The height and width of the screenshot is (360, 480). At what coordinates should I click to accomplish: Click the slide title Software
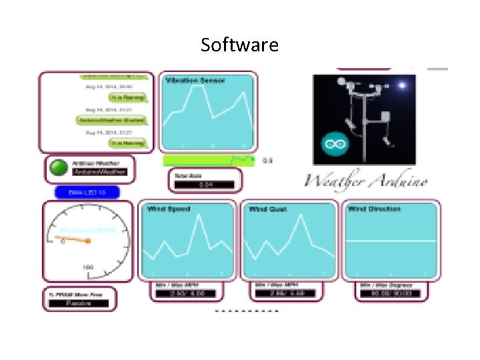pyautogui.click(x=239, y=45)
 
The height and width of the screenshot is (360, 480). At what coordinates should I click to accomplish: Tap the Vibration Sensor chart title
pyautogui.click(x=195, y=81)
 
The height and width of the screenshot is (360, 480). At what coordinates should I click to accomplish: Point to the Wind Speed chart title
pyautogui.click(x=168, y=209)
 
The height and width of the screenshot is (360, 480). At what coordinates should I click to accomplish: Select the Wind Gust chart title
pyautogui.click(x=267, y=209)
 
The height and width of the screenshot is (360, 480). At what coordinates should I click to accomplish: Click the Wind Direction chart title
pyautogui.click(x=374, y=209)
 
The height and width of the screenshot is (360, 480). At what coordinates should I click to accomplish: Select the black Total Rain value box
pyautogui.click(x=205, y=185)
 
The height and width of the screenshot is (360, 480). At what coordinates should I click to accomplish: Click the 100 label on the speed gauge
pyautogui.click(x=87, y=267)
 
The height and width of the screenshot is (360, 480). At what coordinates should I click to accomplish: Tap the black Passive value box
pyautogui.click(x=78, y=303)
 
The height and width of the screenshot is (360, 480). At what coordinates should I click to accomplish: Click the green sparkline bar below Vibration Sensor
pyautogui.click(x=209, y=160)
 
